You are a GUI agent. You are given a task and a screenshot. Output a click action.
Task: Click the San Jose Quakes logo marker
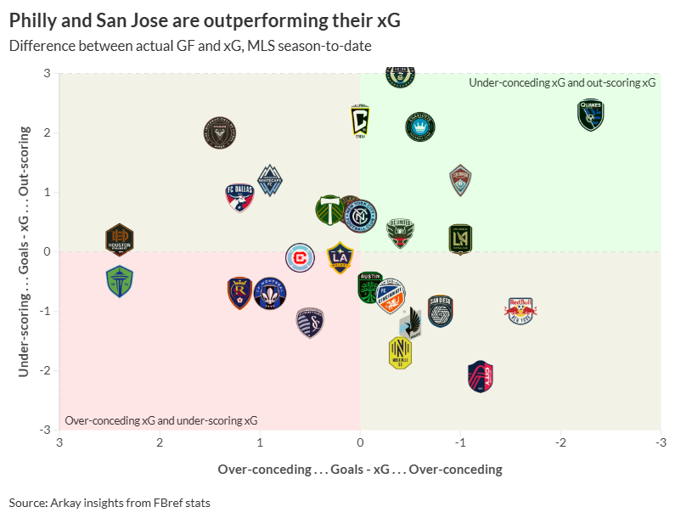(x=590, y=115)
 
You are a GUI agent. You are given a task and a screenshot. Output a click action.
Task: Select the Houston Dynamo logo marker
(x=120, y=240)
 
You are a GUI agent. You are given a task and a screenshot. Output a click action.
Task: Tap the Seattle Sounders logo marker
(x=120, y=281)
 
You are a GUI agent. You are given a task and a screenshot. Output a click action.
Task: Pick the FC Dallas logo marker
(x=240, y=197)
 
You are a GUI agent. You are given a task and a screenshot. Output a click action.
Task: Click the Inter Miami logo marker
(x=219, y=132)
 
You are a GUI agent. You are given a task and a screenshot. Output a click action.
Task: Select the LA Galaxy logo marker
(x=340, y=256)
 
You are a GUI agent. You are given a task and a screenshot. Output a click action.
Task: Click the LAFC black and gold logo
(x=460, y=239)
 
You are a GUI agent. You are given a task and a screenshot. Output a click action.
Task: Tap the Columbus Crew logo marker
(x=361, y=121)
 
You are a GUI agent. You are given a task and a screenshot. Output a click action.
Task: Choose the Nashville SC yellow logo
(x=400, y=352)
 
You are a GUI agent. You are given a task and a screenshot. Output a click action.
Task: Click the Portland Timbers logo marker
(x=329, y=209)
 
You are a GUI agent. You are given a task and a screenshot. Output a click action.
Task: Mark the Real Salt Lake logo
(x=240, y=294)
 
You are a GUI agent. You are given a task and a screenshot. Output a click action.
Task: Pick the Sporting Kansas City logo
(x=310, y=323)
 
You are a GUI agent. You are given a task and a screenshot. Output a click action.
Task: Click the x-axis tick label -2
(x=560, y=442)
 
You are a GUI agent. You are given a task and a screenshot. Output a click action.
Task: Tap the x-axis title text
(x=360, y=469)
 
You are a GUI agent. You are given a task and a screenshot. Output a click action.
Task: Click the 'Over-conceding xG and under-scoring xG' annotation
(x=161, y=420)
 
